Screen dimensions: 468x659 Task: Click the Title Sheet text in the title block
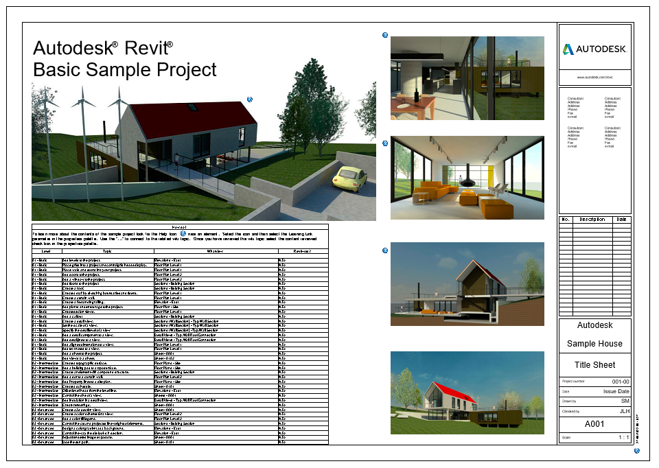[594, 365]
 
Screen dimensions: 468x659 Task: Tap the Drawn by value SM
[625, 400]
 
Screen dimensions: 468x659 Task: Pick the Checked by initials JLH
[623, 410]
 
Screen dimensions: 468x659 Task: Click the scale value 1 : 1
[623, 437]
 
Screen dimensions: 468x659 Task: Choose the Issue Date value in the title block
[616, 390]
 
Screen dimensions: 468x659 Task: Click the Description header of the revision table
[592, 220]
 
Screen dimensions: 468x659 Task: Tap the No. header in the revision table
[566, 220]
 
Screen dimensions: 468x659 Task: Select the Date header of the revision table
[621, 220]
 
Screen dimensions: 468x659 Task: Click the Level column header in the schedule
[46, 252]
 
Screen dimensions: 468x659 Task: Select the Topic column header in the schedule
[107, 252]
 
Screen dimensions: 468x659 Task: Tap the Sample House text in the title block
[594, 344]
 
